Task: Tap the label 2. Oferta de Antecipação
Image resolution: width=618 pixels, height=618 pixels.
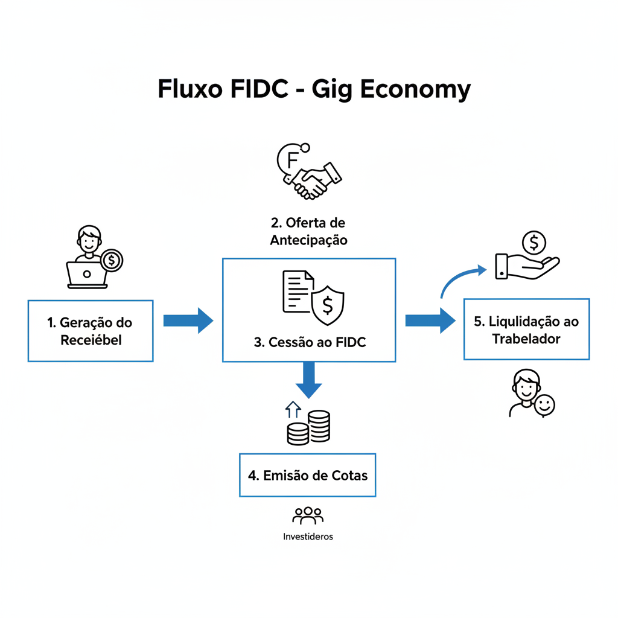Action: coord(308,231)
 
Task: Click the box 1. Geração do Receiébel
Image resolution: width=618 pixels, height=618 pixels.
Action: coord(91,331)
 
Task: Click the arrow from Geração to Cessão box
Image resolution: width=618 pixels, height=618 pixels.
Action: coord(188,320)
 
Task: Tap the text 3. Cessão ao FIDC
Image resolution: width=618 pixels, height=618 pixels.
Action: coord(310,342)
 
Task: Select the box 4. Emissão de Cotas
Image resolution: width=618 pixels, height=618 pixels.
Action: coord(307,475)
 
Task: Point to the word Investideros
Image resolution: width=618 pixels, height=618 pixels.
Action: coord(308,537)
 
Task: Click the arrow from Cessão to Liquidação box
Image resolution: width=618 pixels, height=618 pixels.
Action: coord(430,320)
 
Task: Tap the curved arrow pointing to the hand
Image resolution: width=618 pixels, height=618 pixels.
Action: coord(461,279)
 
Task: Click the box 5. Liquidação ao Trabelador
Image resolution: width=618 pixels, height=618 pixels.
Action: coord(526,330)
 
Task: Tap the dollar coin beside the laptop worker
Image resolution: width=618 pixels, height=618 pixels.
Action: coord(112,261)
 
